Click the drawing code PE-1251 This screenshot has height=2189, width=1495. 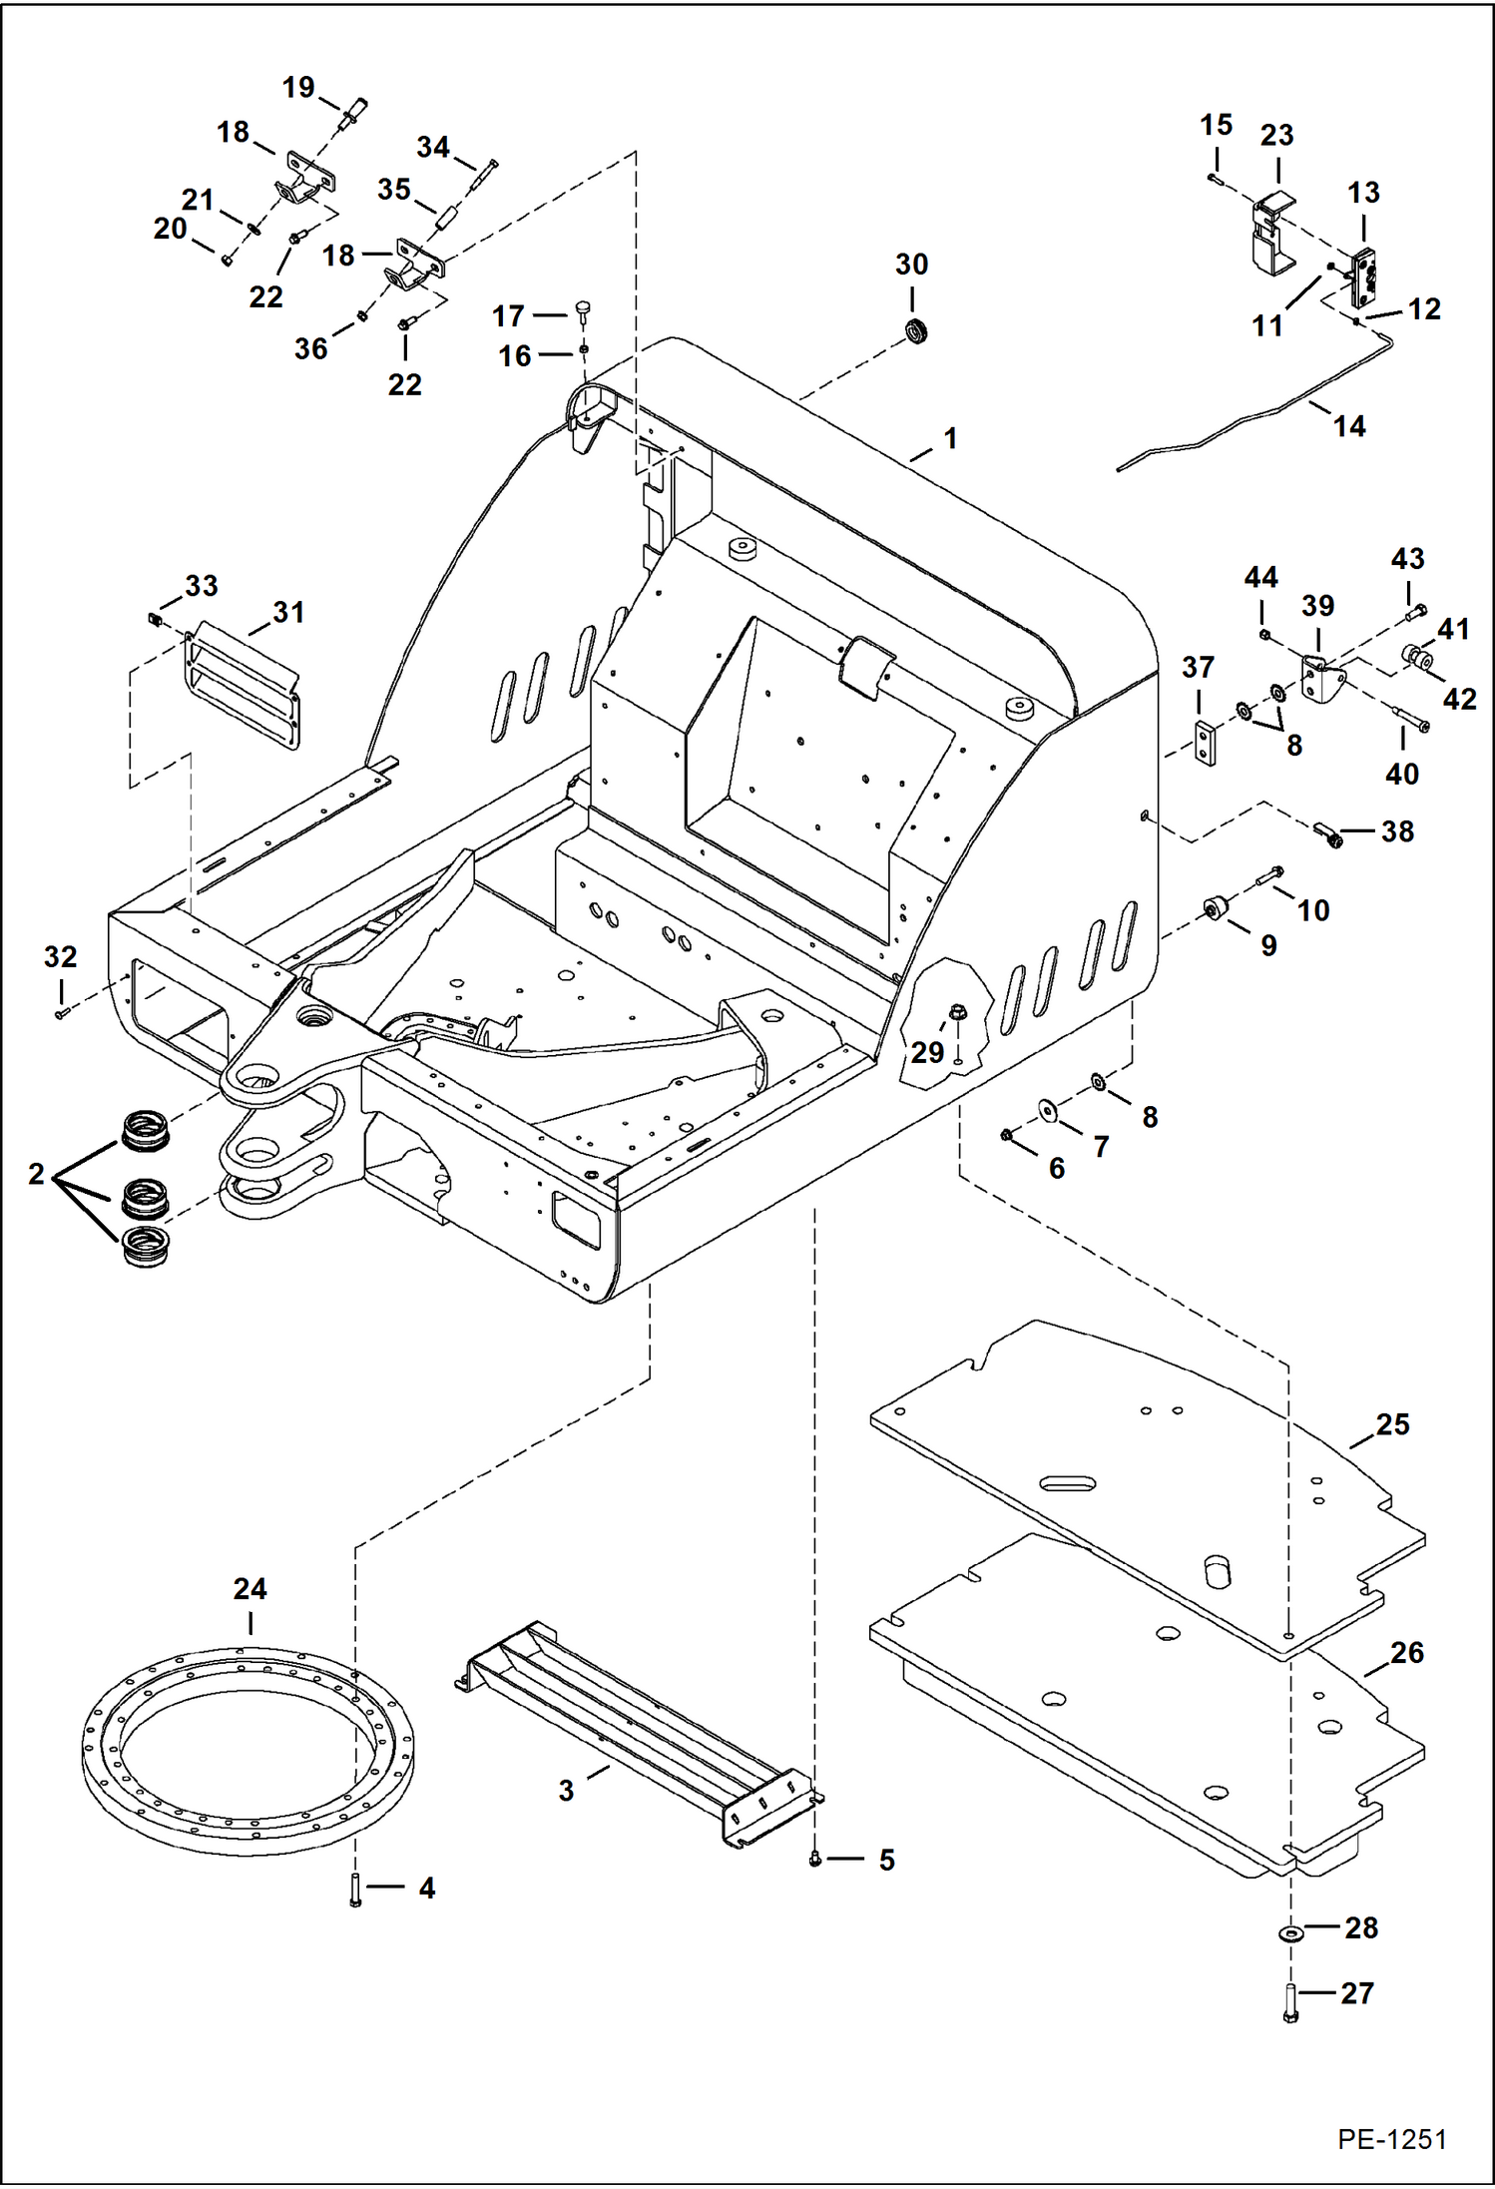point(1391,2139)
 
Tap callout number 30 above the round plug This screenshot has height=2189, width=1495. point(911,265)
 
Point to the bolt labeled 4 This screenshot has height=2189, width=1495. point(355,1890)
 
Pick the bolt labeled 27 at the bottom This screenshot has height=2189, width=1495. point(1289,2000)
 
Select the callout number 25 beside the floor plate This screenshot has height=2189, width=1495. point(1392,1424)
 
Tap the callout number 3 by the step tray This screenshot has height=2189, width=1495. point(566,1790)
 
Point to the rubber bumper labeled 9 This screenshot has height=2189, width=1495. point(1216,908)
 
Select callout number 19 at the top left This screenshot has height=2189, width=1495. point(298,88)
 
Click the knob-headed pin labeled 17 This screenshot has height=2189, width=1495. point(584,309)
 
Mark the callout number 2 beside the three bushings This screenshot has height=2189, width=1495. point(36,1174)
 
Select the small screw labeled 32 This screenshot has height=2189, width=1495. point(62,1014)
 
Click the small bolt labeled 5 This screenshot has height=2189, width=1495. point(815,1859)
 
